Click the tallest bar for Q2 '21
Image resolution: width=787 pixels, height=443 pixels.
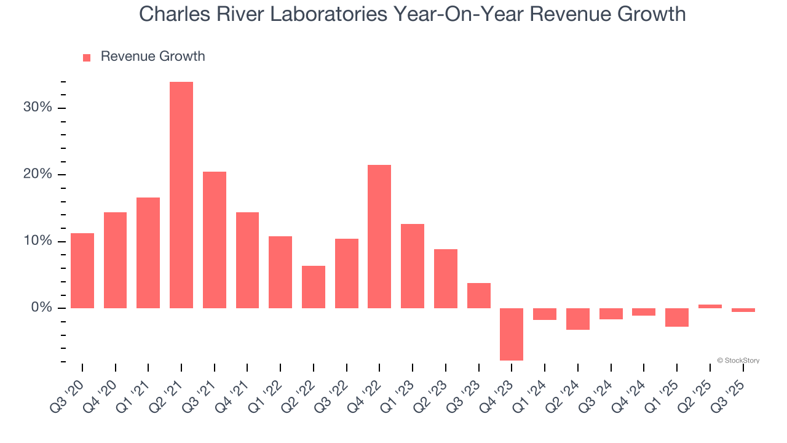pos(181,195)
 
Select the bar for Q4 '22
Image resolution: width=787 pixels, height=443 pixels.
pos(379,236)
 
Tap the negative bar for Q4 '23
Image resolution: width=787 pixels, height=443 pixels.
pos(512,334)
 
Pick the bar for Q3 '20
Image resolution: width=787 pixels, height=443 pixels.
pos(82,271)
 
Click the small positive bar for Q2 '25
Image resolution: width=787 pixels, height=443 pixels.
pos(710,306)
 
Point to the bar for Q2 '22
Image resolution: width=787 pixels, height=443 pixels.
pos(314,287)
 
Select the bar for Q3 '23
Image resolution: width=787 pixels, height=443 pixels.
pos(479,295)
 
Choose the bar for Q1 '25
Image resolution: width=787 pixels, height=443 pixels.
pos(677,317)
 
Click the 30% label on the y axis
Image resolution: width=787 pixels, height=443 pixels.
pos(38,108)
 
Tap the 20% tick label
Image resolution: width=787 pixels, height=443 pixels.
pos(38,174)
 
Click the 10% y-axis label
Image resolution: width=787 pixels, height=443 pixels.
pos(38,241)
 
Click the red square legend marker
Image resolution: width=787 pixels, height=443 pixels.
pos(87,58)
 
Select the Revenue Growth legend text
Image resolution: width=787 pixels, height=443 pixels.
pos(152,57)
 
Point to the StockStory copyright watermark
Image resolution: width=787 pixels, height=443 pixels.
pos(738,361)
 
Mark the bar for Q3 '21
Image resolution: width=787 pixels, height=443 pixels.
pos(215,240)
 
